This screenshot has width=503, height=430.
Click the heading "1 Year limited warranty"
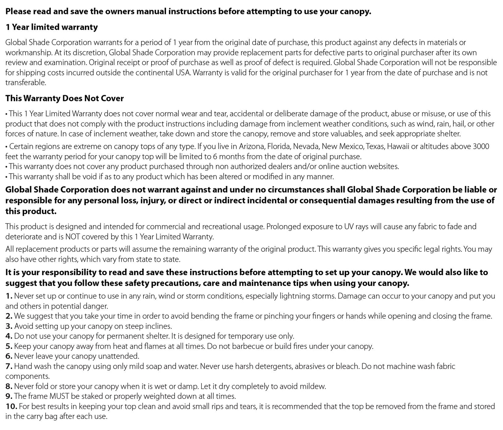click(52, 27)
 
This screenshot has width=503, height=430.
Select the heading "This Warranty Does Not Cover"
click(64, 98)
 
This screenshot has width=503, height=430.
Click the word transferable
click(25, 82)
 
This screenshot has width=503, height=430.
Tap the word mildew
click(314, 386)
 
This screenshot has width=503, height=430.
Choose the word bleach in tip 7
click(348, 366)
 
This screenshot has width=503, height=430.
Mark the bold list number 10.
click(11, 407)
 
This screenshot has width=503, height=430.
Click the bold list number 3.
click(9, 326)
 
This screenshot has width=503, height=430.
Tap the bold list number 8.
click(9, 386)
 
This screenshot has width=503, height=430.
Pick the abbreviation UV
click(349, 227)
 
